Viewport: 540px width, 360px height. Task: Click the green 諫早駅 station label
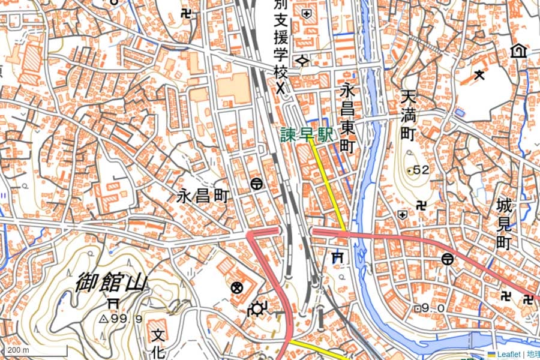(x=307, y=134)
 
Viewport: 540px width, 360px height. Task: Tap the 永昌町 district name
(x=203, y=196)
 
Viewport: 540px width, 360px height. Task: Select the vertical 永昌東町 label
(x=347, y=118)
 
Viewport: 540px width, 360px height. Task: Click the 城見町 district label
(x=503, y=224)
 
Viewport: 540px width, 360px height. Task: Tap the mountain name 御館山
(x=112, y=282)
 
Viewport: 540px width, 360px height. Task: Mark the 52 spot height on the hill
(x=418, y=170)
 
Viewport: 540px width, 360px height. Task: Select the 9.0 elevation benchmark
(x=431, y=308)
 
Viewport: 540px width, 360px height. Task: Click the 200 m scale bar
(x=18, y=350)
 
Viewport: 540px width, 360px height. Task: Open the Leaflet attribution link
(x=507, y=355)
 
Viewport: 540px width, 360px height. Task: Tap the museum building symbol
(x=517, y=51)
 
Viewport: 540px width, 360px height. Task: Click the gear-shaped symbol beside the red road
(x=258, y=309)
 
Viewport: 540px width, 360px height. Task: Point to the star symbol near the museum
(x=479, y=74)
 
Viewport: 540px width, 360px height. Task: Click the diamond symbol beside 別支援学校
(x=303, y=60)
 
